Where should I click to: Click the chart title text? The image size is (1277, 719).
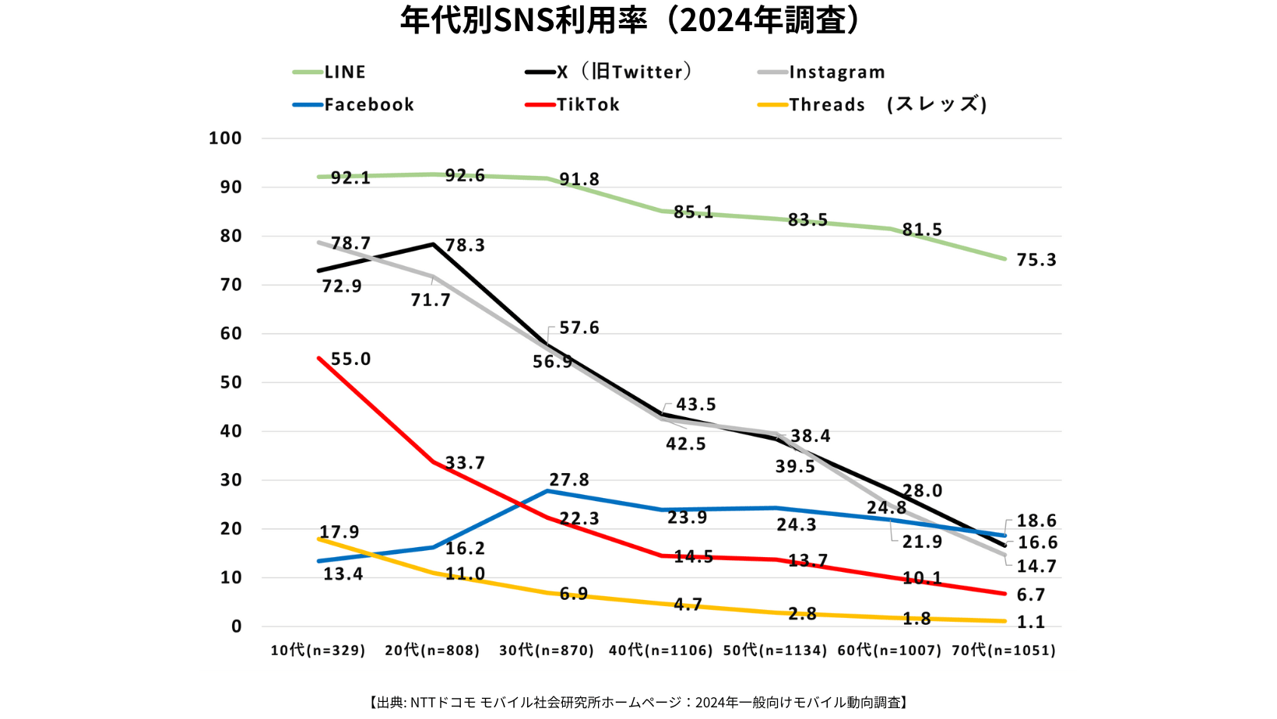tap(630, 20)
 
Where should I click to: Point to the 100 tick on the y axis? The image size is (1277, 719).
tap(225, 139)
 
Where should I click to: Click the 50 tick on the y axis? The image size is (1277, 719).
tap(230, 383)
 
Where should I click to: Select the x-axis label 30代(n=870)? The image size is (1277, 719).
tap(547, 651)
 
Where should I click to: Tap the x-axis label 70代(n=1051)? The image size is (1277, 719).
tap(1004, 651)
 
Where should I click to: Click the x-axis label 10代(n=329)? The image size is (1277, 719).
tap(318, 651)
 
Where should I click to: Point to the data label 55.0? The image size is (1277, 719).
tap(350, 359)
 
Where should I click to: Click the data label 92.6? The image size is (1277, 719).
tap(465, 176)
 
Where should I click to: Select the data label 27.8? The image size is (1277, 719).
tap(569, 480)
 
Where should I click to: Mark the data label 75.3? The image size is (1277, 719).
tap(1036, 260)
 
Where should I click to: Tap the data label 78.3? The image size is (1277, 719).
tap(465, 246)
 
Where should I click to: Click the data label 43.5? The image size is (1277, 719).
tap(695, 405)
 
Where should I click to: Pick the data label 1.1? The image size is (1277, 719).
tap(1031, 623)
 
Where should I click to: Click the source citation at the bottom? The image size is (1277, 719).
tap(638, 703)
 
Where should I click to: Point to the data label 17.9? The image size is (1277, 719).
tap(339, 532)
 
